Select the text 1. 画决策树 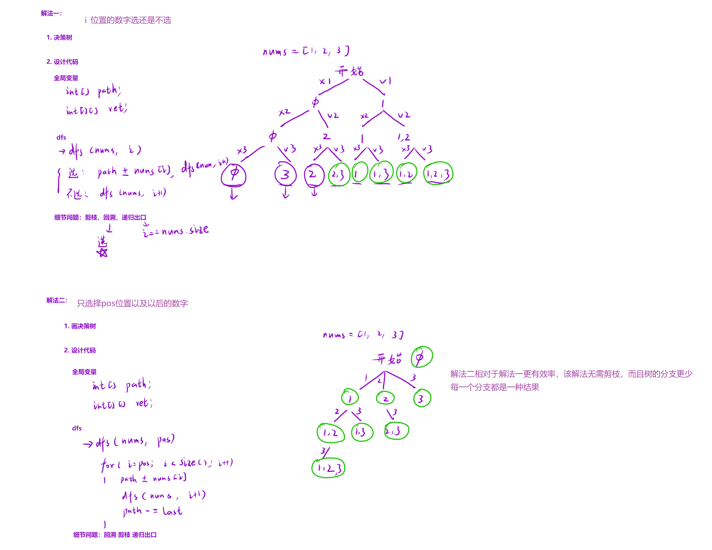click(80, 326)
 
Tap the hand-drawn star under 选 click(102, 252)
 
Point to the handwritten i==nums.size click(175, 231)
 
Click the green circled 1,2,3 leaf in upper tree click(438, 174)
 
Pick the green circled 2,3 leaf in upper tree click(339, 175)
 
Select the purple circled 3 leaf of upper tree click(285, 175)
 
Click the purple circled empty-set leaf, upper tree click(233, 175)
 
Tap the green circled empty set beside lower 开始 click(421, 357)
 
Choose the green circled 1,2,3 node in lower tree click(328, 468)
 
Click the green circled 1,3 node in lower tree click(362, 432)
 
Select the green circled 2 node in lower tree click(385, 398)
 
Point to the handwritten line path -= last click(152, 511)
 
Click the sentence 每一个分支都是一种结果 click(495, 387)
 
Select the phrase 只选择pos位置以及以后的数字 click(132, 304)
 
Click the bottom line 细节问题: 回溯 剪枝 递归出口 click(115, 535)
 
